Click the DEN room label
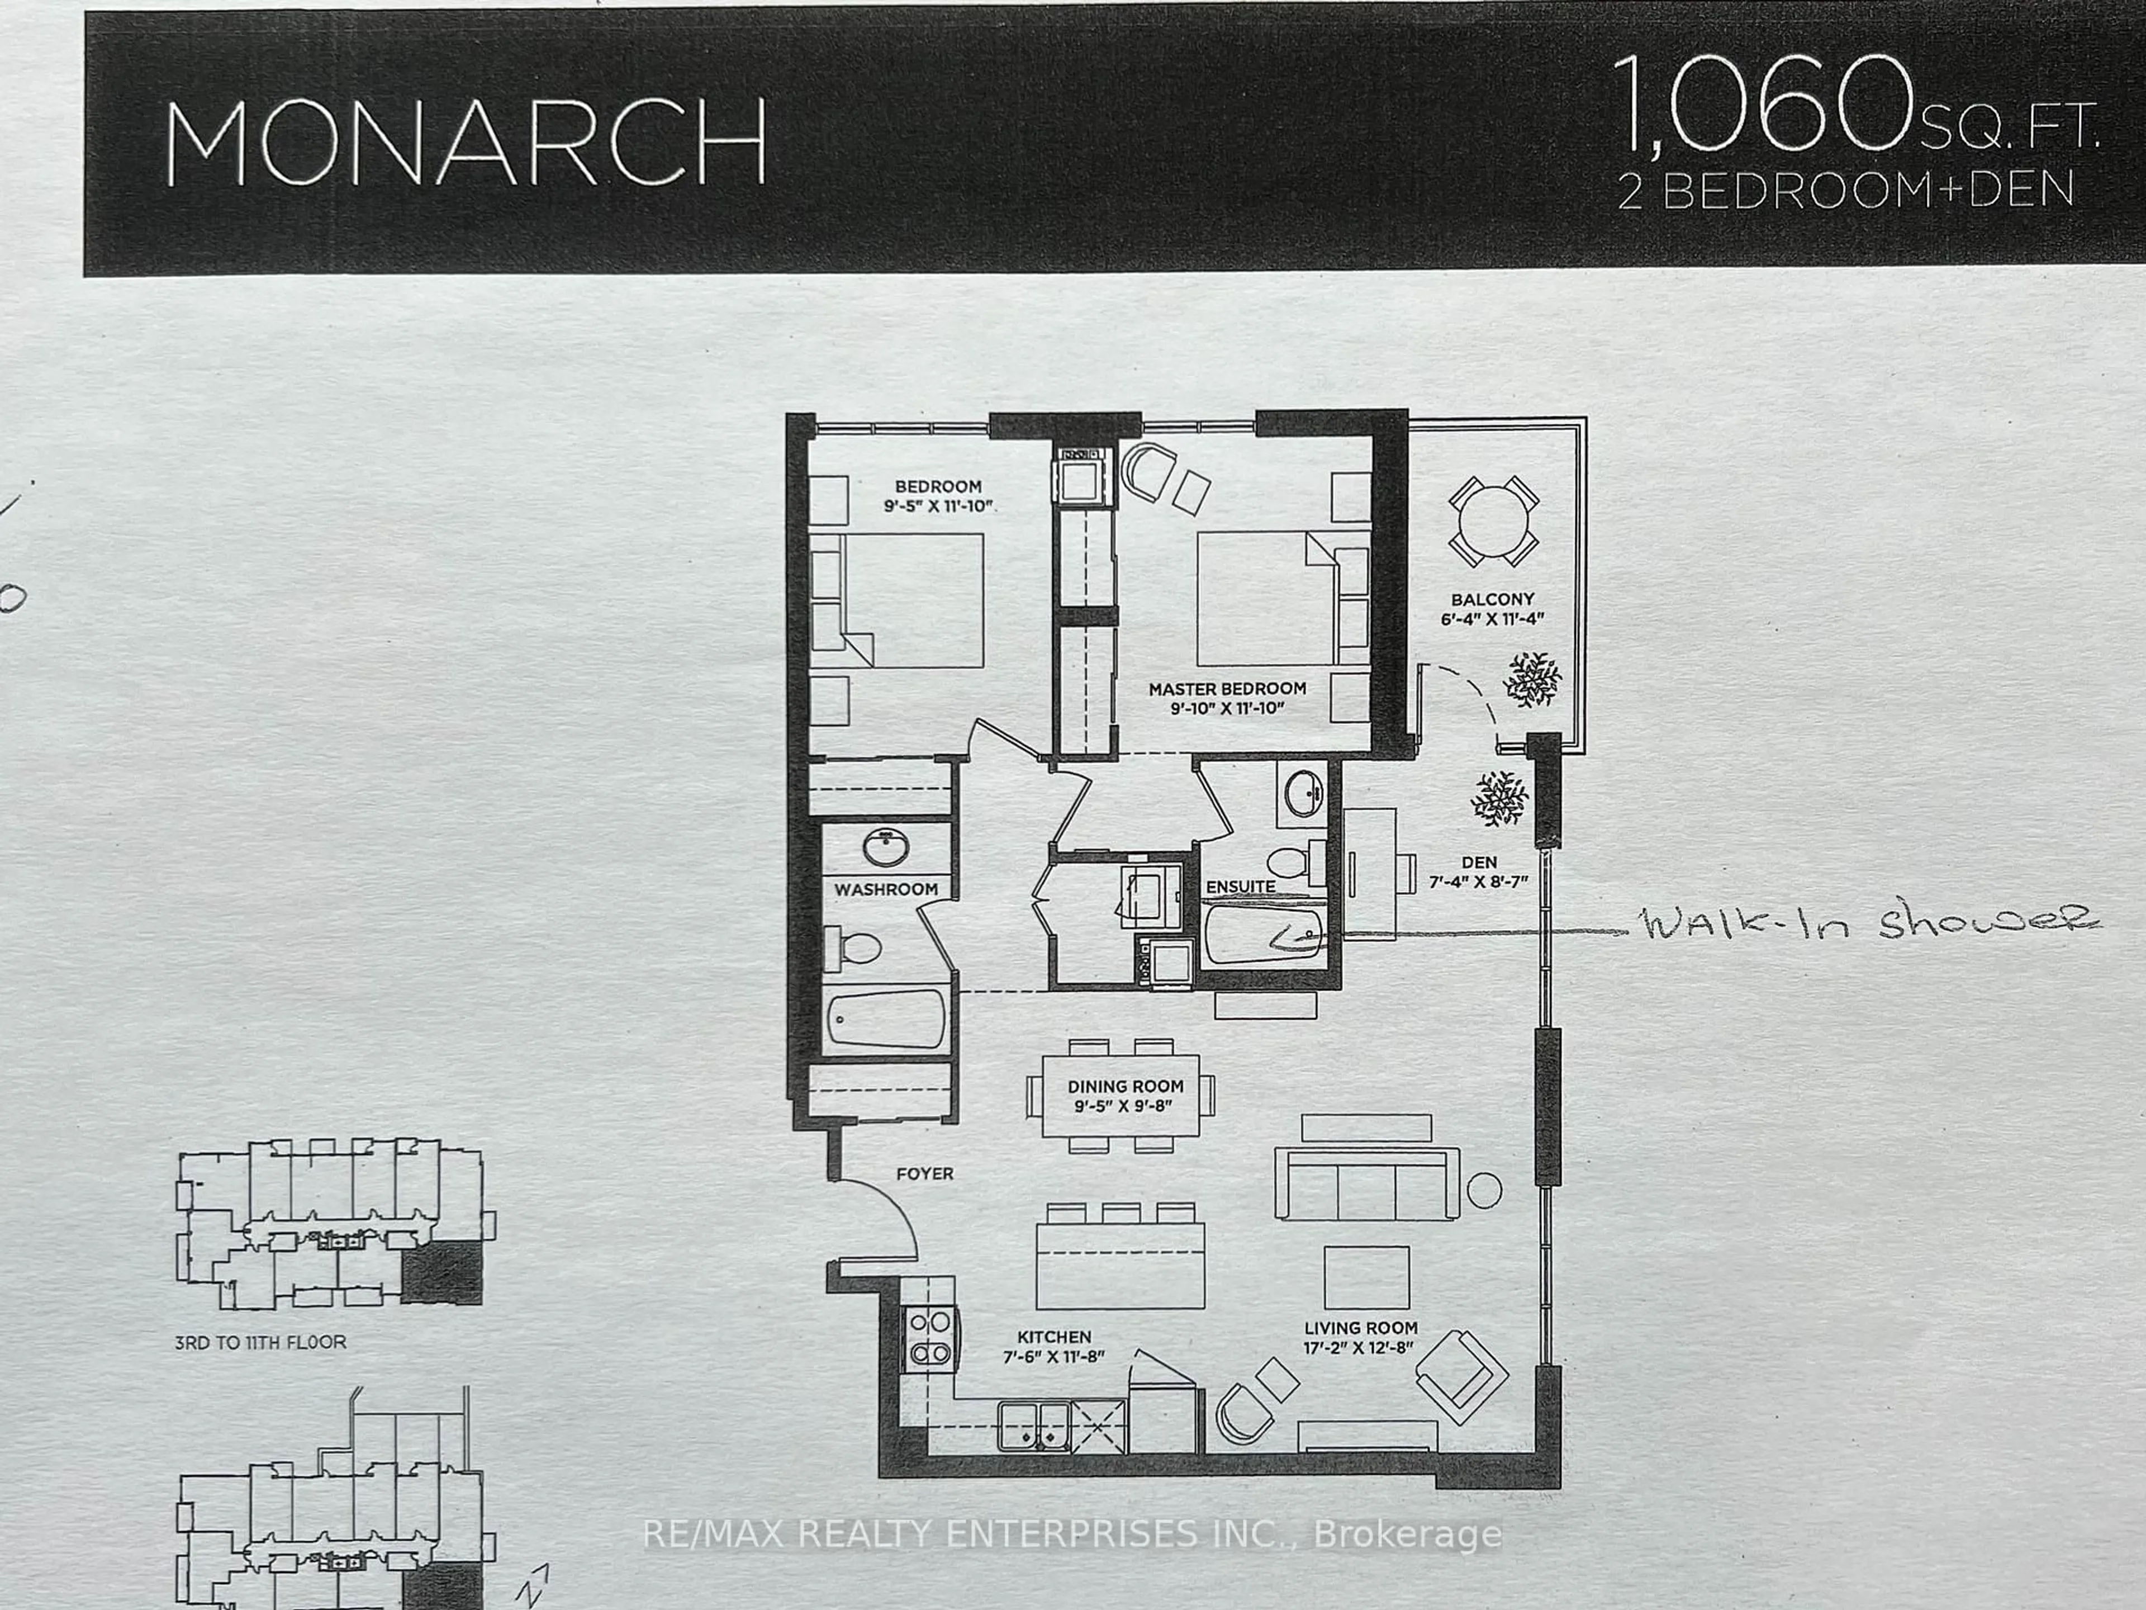pyautogui.click(x=1479, y=862)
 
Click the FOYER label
pyautogui.click(x=924, y=1173)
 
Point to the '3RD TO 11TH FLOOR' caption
pyautogui.click(x=260, y=1342)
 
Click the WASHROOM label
pyautogui.click(x=886, y=889)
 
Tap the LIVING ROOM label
pyautogui.click(x=1360, y=1328)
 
